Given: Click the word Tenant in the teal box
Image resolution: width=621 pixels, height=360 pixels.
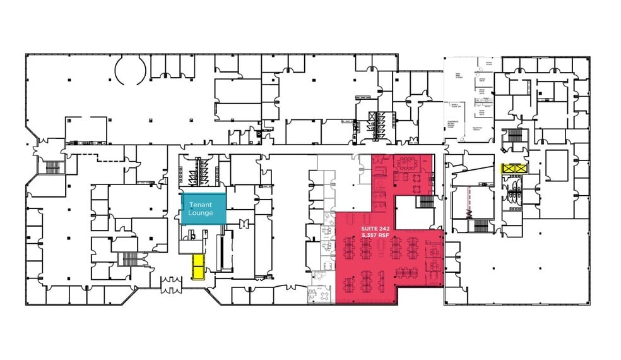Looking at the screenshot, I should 200,205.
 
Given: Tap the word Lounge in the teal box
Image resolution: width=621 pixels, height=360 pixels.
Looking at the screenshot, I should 200,213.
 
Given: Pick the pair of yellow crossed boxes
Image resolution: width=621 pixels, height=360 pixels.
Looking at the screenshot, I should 512,169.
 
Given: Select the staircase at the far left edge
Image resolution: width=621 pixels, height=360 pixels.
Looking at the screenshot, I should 52,167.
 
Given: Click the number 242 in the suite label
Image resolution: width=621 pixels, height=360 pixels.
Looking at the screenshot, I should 383,227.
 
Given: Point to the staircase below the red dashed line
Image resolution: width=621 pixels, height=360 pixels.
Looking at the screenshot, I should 481,225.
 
